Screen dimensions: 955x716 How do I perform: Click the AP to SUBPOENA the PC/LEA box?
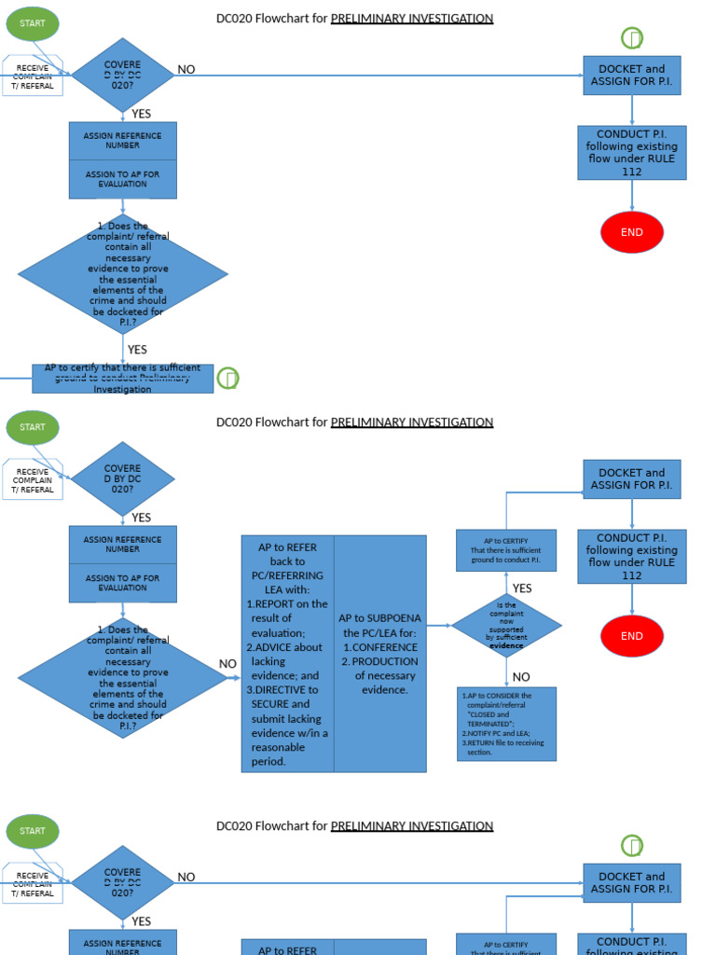[380, 653]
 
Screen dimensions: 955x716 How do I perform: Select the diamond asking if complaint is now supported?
[506, 625]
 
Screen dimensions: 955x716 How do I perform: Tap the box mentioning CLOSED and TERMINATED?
[506, 724]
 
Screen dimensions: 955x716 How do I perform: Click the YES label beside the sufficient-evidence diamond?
[522, 588]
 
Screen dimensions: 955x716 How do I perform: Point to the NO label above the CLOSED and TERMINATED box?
[521, 676]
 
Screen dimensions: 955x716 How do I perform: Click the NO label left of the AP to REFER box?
[227, 664]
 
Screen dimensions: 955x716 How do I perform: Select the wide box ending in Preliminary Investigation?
[122, 379]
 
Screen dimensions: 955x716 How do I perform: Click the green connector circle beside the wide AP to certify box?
[227, 378]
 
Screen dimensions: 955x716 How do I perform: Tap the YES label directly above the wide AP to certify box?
[137, 350]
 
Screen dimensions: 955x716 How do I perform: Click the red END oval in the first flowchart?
[632, 232]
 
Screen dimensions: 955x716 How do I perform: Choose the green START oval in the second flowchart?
[33, 427]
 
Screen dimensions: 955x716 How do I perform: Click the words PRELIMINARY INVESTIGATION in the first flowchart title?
[412, 19]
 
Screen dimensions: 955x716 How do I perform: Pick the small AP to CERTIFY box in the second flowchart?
[506, 550]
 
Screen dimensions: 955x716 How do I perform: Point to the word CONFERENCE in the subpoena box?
[385, 647]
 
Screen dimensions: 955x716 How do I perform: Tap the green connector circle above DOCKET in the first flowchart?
[632, 38]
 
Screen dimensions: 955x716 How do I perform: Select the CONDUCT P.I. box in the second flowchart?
[632, 557]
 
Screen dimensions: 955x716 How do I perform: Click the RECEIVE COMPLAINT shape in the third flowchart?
[33, 884]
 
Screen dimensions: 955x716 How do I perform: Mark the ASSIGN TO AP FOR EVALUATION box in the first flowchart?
[122, 179]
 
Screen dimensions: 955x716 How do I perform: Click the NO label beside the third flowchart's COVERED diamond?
[186, 877]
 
